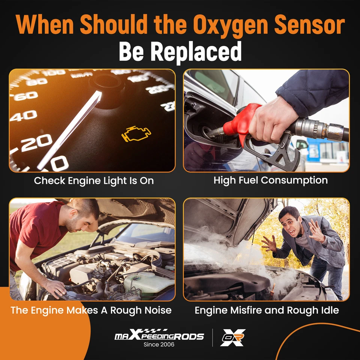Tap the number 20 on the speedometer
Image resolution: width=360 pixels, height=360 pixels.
(x=36, y=142)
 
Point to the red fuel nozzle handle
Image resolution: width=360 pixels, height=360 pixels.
(x=240, y=120)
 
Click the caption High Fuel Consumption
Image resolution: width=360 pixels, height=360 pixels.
(x=270, y=180)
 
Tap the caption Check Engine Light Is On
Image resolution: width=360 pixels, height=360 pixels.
(x=94, y=180)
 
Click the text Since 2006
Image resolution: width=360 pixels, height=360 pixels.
(x=159, y=345)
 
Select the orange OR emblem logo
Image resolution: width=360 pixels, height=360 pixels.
(x=233, y=337)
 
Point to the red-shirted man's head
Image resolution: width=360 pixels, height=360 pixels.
(x=82, y=216)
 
